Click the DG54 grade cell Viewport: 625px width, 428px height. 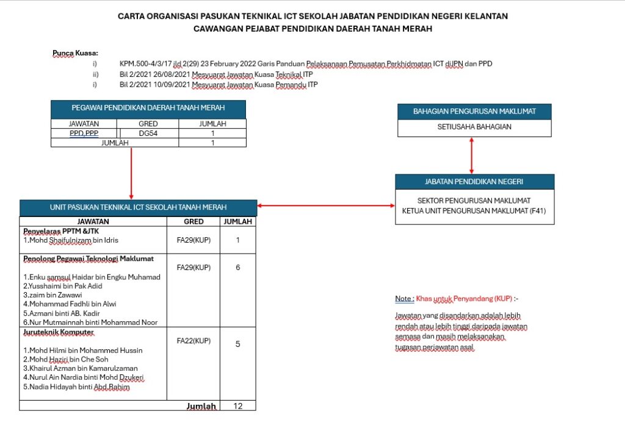click(x=148, y=133)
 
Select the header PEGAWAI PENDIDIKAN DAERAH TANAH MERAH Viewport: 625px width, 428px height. click(x=148, y=108)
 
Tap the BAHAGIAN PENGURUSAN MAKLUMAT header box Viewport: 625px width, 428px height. click(x=474, y=111)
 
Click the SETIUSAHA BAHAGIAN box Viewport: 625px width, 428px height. click(x=474, y=127)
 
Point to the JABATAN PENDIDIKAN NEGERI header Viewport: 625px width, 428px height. click(x=474, y=182)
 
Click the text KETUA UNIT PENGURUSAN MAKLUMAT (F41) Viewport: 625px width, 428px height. click(x=474, y=211)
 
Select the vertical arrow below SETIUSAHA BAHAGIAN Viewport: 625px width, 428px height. click(x=471, y=155)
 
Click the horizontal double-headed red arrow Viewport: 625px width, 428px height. click(x=326, y=206)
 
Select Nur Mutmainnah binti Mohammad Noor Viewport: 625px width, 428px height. click(x=90, y=322)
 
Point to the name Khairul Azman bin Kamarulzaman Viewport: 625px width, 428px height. click(x=81, y=368)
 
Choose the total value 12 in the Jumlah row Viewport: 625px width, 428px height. click(x=238, y=405)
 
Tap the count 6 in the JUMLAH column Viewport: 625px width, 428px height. click(x=238, y=268)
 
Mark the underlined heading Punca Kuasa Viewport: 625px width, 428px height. click(x=75, y=53)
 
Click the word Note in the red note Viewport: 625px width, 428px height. click(x=403, y=299)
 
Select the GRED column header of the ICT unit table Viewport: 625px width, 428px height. click(x=193, y=222)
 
